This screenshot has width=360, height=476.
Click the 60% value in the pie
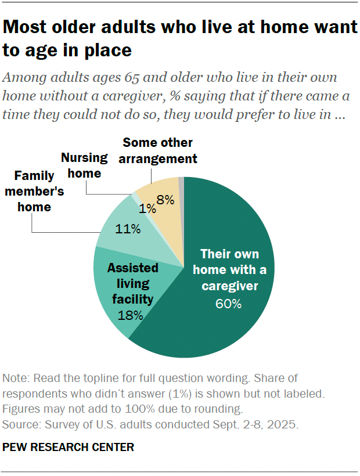pos(229,304)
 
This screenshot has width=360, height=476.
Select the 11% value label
pos(128,229)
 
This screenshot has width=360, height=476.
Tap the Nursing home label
pos(85,165)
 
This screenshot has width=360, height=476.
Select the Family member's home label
pos(34,191)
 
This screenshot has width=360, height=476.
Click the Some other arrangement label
pos(160,150)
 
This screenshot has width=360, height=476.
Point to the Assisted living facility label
pos(132,284)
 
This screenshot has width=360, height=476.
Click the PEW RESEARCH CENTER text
pos(69,447)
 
